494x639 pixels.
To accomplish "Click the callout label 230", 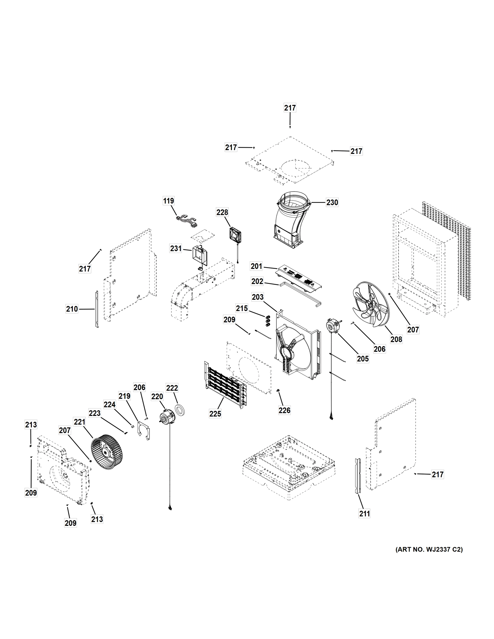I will click(332, 202).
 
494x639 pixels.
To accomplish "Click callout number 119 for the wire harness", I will click(168, 201).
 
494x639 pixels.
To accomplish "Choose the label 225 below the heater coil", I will click(215, 414).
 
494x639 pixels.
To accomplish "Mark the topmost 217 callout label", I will click(290, 108).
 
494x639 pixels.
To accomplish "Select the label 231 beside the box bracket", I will click(176, 249).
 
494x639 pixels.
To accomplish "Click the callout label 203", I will click(258, 297).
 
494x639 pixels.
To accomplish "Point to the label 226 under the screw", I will click(284, 411).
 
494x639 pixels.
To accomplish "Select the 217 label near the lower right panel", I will click(438, 474).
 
